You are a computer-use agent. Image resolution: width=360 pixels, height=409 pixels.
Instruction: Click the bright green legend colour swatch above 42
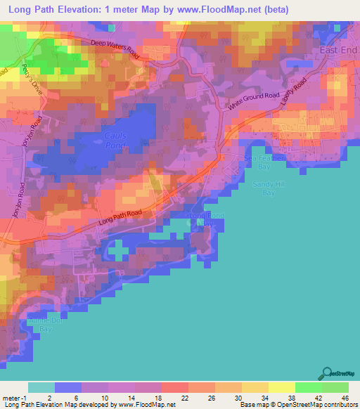tap(307, 387)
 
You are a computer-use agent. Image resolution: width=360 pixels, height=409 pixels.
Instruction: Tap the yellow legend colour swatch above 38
tap(281, 387)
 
